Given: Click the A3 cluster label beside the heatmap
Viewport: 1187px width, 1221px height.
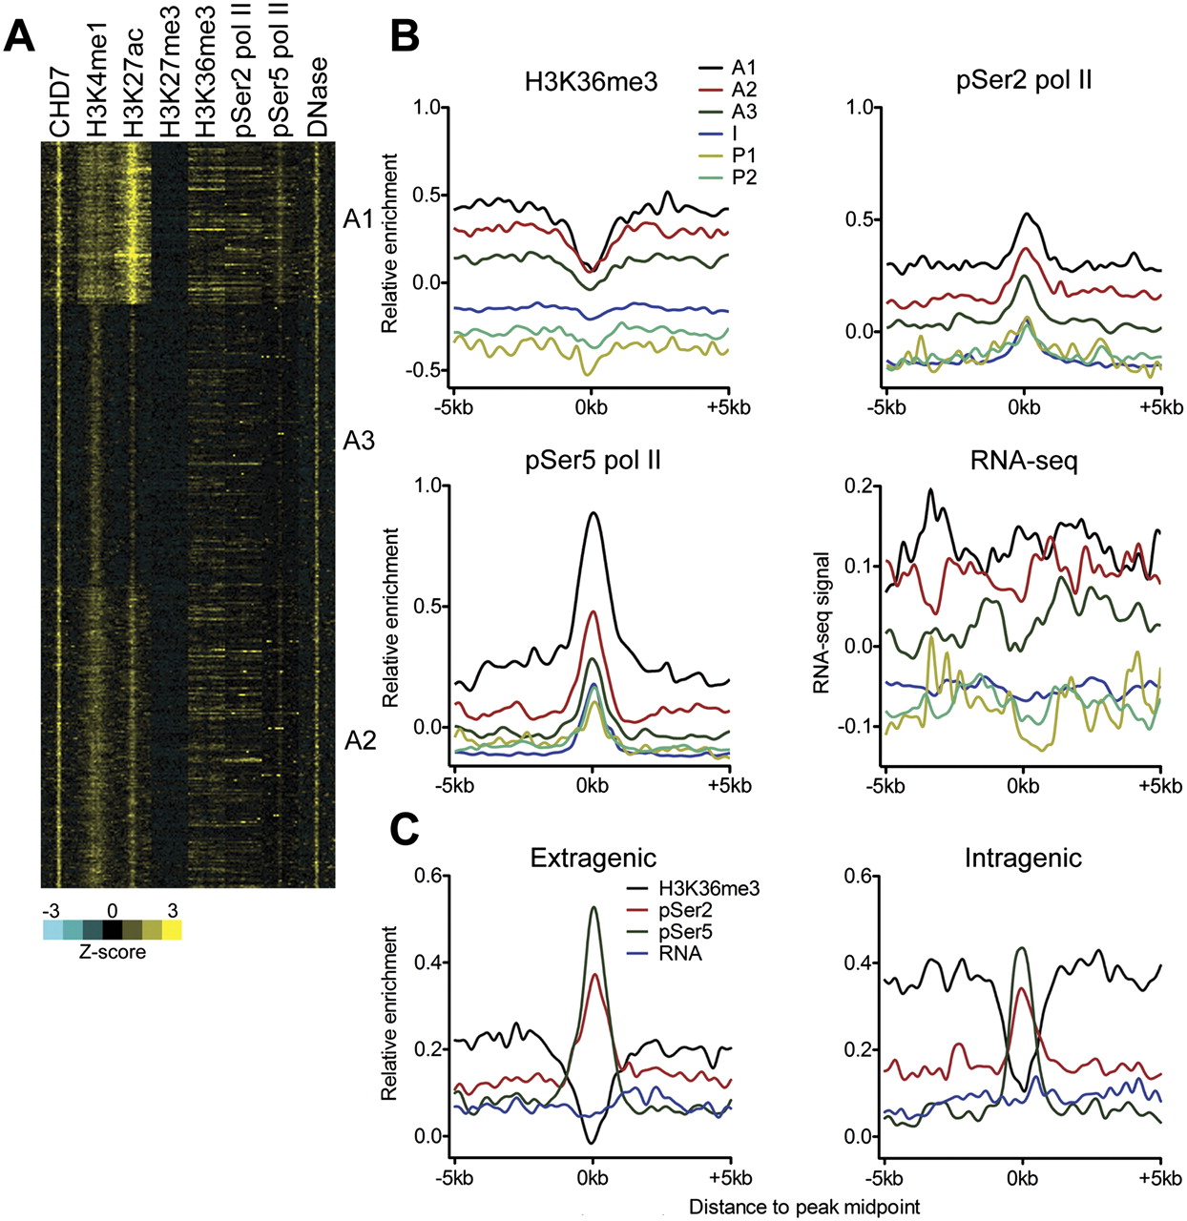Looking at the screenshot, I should click(360, 442).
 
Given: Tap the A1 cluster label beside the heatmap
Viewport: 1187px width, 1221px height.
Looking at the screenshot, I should click(360, 220).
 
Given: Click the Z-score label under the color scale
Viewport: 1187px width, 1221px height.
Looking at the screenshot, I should click(113, 951).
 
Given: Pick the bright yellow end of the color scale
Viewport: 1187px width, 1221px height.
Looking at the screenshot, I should click(172, 928).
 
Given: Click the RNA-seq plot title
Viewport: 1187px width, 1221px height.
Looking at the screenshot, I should click(1024, 461).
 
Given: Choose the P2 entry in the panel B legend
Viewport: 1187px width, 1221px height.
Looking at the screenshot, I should click(744, 176).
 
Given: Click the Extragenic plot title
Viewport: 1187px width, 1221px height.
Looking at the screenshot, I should click(593, 857).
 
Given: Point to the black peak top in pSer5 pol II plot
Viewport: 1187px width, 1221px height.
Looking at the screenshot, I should click(593, 513).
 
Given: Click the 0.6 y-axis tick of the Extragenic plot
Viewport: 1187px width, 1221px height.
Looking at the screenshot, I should click(418, 876).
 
